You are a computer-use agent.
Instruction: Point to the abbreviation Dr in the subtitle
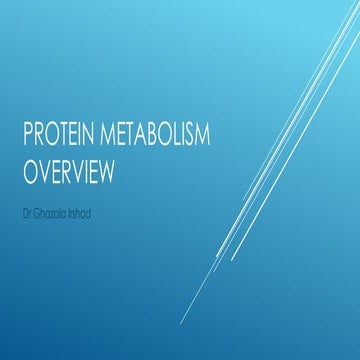click(x=28, y=208)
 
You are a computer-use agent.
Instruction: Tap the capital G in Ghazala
click(x=38, y=208)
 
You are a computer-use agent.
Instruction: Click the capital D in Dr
click(x=26, y=208)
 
